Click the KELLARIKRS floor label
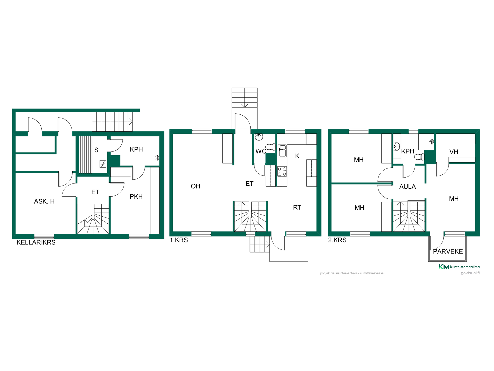tap(36, 242)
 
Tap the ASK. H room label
tap(44, 201)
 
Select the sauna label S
tap(96, 150)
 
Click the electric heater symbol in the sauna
tap(103, 164)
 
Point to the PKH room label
tap(136, 197)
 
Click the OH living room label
tap(195, 186)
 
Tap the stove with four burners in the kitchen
tap(282, 172)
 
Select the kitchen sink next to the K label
tap(282, 151)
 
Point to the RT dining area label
tap(297, 208)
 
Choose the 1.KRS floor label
tap(179, 240)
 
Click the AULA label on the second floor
tap(407, 187)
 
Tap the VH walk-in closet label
tap(454, 152)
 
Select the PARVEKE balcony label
tap(448, 251)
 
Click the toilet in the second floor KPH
tap(419, 157)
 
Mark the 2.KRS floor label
tap(337, 240)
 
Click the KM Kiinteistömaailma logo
tap(459, 267)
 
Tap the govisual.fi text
tap(470, 273)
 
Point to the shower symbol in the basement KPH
tap(157, 158)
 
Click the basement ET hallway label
tap(95, 192)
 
